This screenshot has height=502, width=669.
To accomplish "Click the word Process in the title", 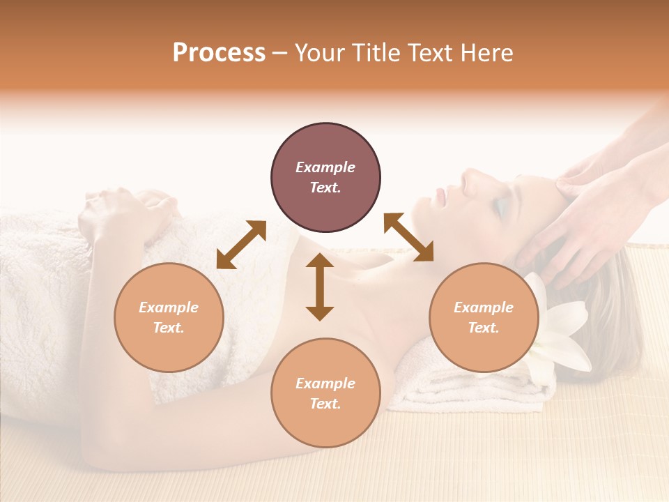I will pos(219,53).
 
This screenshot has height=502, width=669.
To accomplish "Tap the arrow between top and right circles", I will pos(408,237).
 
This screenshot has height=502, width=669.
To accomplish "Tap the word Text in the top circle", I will pos(325,188).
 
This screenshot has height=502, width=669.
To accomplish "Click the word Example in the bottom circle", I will pos(325,383).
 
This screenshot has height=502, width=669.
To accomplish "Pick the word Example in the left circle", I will pos(169,307).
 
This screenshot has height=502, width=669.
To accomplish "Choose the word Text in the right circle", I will pos(484,328).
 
